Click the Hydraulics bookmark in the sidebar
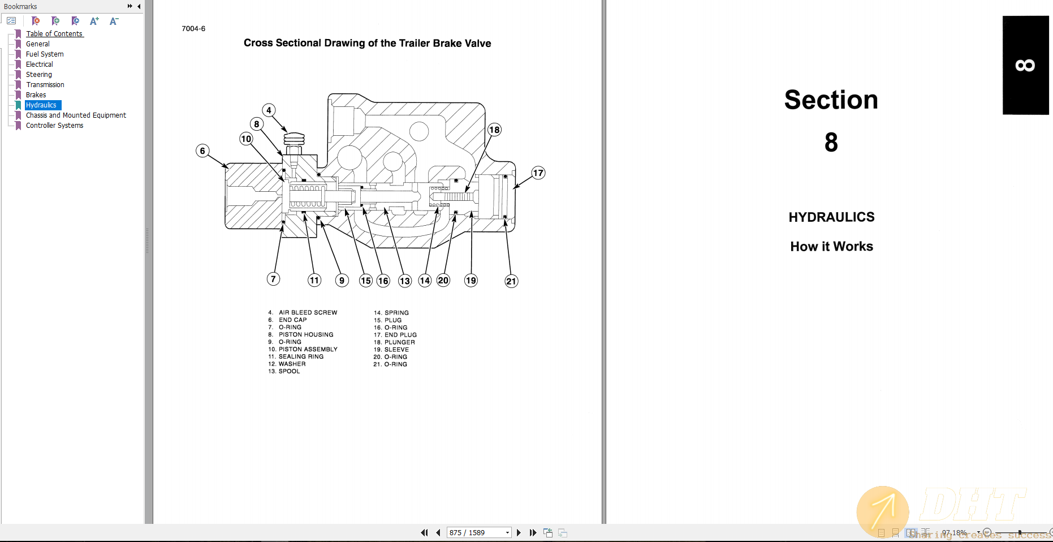click(x=41, y=105)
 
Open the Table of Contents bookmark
click(x=54, y=34)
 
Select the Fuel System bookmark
click(x=45, y=54)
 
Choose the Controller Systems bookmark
click(x=54, y=126)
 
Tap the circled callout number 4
click(x=269, y=110)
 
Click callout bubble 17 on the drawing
click(x=538, y=173)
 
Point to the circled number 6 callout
click(x=202, y=151)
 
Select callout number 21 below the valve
click(x=511, y=281)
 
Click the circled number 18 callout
click(x=494, y=130)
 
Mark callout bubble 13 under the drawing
click(x=405, y=281)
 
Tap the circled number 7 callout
click(x=273, y=279)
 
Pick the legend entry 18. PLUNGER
click(x=394, y=342)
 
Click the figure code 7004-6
click(x=193, y=29)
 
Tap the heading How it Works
click(x=831, y=247)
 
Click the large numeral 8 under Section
click(x=831, y=142)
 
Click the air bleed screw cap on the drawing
click(x=294, y=139)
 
